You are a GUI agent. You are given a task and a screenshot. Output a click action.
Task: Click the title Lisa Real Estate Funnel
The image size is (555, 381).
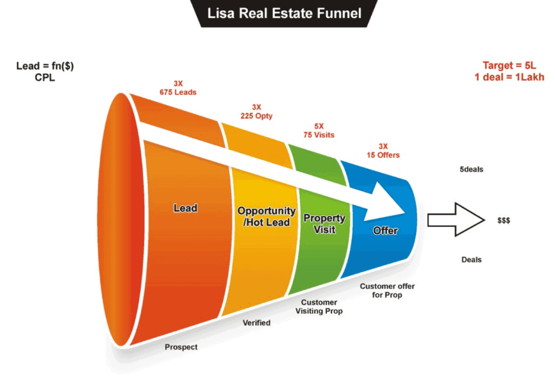coord(285,12)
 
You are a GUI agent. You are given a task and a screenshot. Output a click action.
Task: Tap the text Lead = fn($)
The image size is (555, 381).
coord(45,66)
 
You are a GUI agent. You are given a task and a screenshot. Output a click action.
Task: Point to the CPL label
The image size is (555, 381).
coord(45,78)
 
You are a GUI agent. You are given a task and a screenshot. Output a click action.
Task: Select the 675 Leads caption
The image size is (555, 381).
coord(178,92)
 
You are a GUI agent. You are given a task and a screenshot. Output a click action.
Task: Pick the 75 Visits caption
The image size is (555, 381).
coord(319,135)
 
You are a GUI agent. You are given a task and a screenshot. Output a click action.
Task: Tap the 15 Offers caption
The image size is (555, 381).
coord(383,155)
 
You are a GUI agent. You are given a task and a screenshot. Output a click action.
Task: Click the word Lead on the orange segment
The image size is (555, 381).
coord(185,208)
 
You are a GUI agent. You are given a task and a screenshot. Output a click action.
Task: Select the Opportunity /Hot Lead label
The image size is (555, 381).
coord(266,217)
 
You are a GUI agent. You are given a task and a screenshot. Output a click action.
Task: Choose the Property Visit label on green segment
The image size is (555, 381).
coord(324,223)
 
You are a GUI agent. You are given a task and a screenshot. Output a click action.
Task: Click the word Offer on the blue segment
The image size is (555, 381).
coord(385,231)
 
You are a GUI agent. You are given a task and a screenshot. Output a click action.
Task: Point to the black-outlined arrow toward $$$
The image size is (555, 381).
coord(454,219)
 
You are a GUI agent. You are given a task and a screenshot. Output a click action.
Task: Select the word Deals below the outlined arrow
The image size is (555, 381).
coord(472,260)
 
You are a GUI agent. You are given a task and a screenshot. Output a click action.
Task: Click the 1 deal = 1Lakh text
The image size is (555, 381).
coord(509,77)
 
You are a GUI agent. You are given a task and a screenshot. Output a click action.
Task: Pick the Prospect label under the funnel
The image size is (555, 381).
coord(181,347)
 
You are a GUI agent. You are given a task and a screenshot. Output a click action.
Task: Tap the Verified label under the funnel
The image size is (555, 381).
coord(256,323)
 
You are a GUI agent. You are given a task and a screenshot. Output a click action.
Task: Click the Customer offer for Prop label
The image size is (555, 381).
coord(387,290)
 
